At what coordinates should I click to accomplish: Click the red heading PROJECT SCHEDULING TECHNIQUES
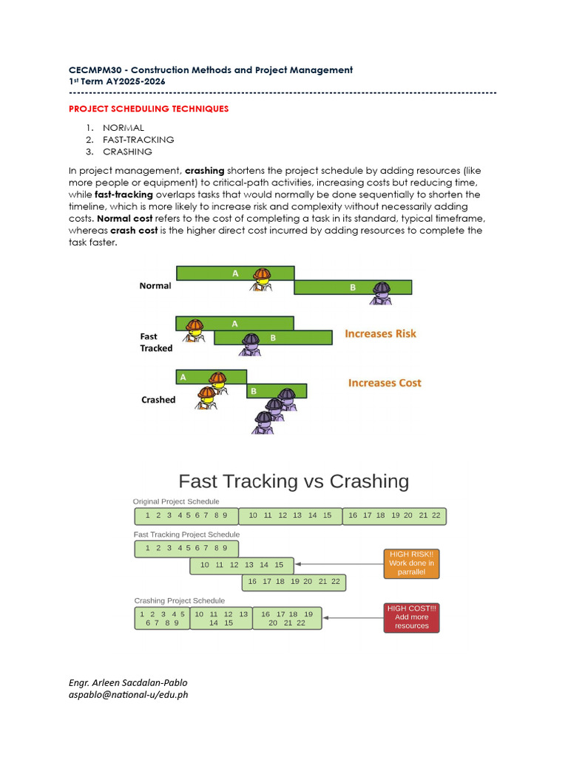pyautogui.click(x=149, y=109)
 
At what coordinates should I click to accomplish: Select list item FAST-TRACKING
pyautogui.click(x=138, y=140)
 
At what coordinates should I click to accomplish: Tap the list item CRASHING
pyautogui.click(x=127, y=152)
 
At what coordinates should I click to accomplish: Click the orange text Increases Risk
pyautogui.click(x=380, y=334)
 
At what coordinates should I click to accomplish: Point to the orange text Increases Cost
pyautogui.click(x=385, y=383)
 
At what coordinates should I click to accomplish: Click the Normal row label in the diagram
pyautogui.click(x=155, y=285)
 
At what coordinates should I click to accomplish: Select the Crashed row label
pyautogui.click(x=158, y=400)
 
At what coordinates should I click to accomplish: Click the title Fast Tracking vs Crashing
pyautogui.click(x=294, y=481)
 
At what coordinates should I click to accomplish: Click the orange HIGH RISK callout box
pyautogui.click(x=411, y=563)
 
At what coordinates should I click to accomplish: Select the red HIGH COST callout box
pyautogui.click(x=411, y=617)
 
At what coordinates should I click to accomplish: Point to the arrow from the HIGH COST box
pyautogui.click(x=352, y=618)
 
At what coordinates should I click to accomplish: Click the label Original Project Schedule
pyautogui.click(x=176, y=501)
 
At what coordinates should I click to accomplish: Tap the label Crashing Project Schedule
pyautogui.click(x=179, y=600)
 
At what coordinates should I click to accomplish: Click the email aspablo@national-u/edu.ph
pyautogui.click(x=129, y=695)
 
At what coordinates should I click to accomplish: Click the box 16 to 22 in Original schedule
pyautogui.click(x=395, y=515)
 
